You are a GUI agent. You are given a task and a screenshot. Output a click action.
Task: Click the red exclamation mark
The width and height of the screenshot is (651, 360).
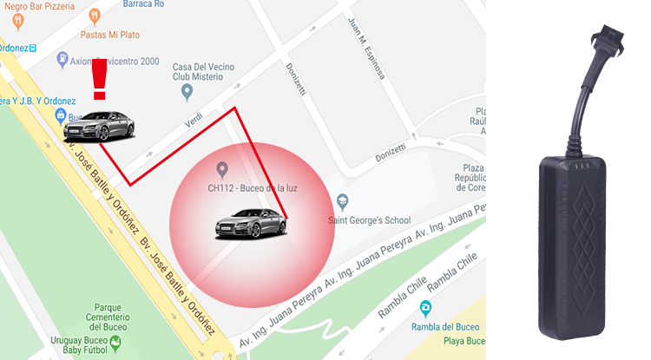coord(99,81)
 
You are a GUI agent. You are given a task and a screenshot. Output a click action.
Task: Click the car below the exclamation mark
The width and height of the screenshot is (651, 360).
coord(99,127)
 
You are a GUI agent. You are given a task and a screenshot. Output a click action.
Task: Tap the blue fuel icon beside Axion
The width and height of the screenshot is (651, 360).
coord(62,60)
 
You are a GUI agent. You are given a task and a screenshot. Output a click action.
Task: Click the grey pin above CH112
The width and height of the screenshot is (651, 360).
coord(222,168)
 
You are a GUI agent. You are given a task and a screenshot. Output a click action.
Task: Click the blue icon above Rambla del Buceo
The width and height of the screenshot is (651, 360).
coord(425,308)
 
